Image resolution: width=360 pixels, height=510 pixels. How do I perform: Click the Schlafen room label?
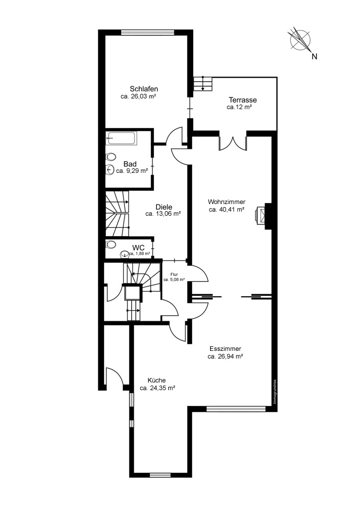coord(144,89)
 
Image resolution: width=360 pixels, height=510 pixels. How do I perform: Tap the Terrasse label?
coord(243,100)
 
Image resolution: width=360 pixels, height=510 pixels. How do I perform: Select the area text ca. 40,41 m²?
coord(227,210)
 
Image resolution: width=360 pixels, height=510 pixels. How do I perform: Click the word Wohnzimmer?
coord(227,202)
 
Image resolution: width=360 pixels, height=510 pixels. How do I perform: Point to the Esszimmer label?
coord(225,349)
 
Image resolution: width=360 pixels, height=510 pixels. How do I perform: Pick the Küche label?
coord(157,380)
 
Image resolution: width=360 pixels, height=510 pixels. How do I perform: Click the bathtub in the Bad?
coord(121,139)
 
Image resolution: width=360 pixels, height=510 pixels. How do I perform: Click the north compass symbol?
coord(300,39)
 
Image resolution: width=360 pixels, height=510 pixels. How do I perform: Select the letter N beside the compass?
coord(314,56)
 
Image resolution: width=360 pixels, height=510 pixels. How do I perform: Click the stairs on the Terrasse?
coord(202,84)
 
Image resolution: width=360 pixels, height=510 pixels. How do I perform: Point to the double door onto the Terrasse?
coord(233,143)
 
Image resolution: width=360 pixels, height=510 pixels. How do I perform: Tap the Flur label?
coord(174,274)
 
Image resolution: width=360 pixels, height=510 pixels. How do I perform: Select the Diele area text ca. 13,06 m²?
coord(163,214)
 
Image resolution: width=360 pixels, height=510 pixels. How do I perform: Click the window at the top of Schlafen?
coord(148,32)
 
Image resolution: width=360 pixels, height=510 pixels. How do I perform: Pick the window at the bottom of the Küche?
coord(160,475)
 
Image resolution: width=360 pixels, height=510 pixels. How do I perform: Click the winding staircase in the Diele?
coord(117,213)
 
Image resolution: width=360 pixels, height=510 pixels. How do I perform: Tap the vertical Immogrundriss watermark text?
coord(275,392)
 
